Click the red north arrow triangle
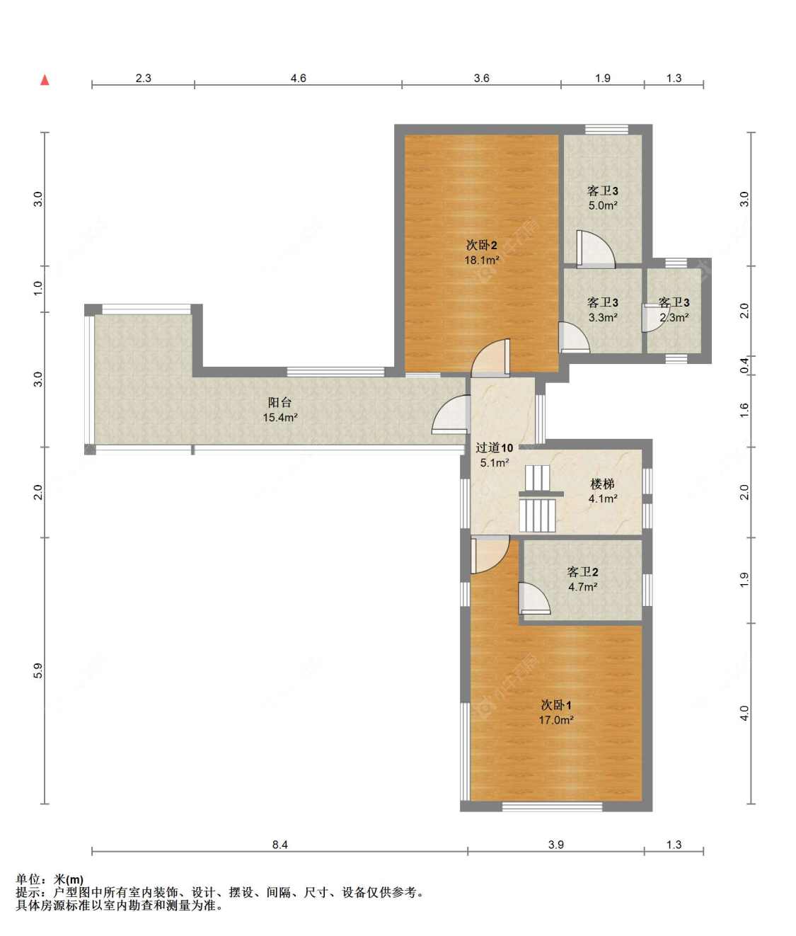coord(45,80)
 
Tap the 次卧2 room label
coord(482,246)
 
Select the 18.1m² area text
coord(482,260)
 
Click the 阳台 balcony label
coord(279,402)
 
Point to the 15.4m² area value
coord(280,417)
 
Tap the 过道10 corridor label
coord(494,448)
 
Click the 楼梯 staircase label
coord(602,484)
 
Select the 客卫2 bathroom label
coord(583,572)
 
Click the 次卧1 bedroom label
coord(556,705)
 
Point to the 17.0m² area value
coord(556,720)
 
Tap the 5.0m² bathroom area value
coord(603,205)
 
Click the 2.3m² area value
coord(674,317)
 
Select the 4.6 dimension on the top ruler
coord(298,79)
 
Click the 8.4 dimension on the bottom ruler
coord(279,845)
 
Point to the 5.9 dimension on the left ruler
coord(38,670)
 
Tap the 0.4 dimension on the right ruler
coord(744,365)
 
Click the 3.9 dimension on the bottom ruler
coord(555,845)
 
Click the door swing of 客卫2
coord(534,598)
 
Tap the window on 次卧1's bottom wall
coord(552,806)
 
